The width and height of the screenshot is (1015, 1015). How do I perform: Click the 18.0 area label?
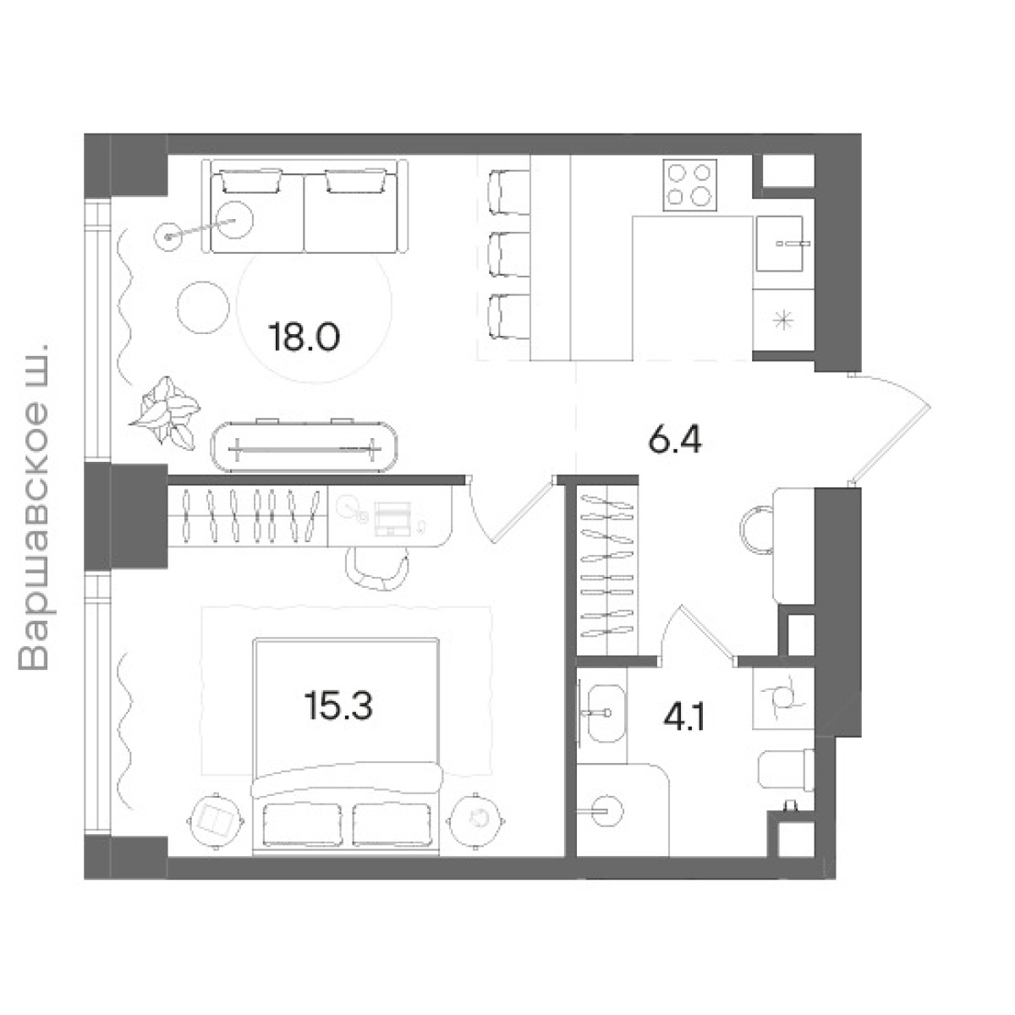click(x=304, y=337)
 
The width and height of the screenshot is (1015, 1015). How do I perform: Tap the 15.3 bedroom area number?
click(x=338, y=705)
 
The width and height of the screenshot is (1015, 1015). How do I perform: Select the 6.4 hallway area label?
click(x=675, y=440)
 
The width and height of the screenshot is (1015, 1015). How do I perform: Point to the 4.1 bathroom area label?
click(x=684, y=717)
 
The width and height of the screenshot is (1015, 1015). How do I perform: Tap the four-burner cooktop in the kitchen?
click(x=690, y=185)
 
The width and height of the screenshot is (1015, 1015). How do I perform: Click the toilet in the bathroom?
click(x=786, y=770)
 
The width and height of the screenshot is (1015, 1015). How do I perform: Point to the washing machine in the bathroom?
click(x=783, y=698)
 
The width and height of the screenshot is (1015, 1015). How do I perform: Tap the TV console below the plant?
click(x=304, y=447)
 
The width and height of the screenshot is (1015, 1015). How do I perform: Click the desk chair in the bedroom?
click(x=377, y=568)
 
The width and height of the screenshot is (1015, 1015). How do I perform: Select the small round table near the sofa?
click(x=203, y=308)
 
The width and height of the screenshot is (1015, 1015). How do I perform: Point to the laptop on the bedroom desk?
click(x=392, y=518)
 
